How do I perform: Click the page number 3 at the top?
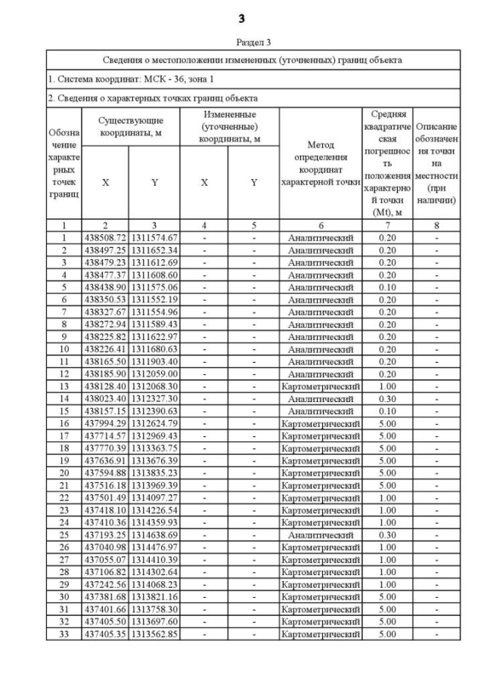[x=242, y=17]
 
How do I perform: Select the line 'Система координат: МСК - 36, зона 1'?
[x=129, y=78]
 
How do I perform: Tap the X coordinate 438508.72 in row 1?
[x=104, y=238]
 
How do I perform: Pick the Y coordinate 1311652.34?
[x=154, y=249]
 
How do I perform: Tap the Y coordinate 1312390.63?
[x=154, y=411]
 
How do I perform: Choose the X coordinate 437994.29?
[x=104, y=423]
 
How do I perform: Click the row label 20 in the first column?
[x=64, y=473]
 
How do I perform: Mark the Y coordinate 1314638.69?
[x=154, y=535]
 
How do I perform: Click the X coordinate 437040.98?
[x=104, y=547]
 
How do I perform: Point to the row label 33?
[x=64, y=633]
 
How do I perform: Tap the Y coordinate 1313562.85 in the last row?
[x=154, y=633]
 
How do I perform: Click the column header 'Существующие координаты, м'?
[x=130, y=127]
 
